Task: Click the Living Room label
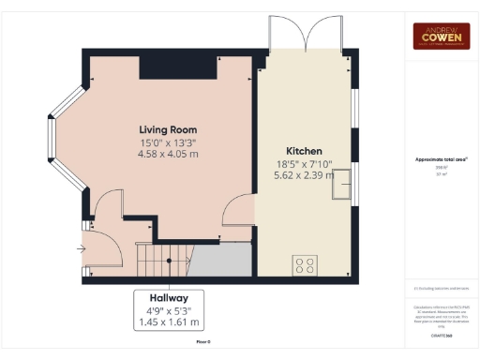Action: tap(168, 129)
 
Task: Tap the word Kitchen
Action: tap(304, 151)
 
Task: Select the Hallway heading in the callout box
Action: tap(169, 296)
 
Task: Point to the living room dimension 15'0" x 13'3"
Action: tap(168, 142)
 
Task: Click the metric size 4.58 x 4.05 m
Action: tap(168, 156)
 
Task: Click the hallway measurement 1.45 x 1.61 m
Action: tap(169, 322)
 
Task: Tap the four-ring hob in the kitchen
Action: tap(305, 264)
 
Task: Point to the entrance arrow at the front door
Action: tap(82, 249)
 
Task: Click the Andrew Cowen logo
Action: tap(442, 36)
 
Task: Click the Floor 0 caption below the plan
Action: tap(202, 342)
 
